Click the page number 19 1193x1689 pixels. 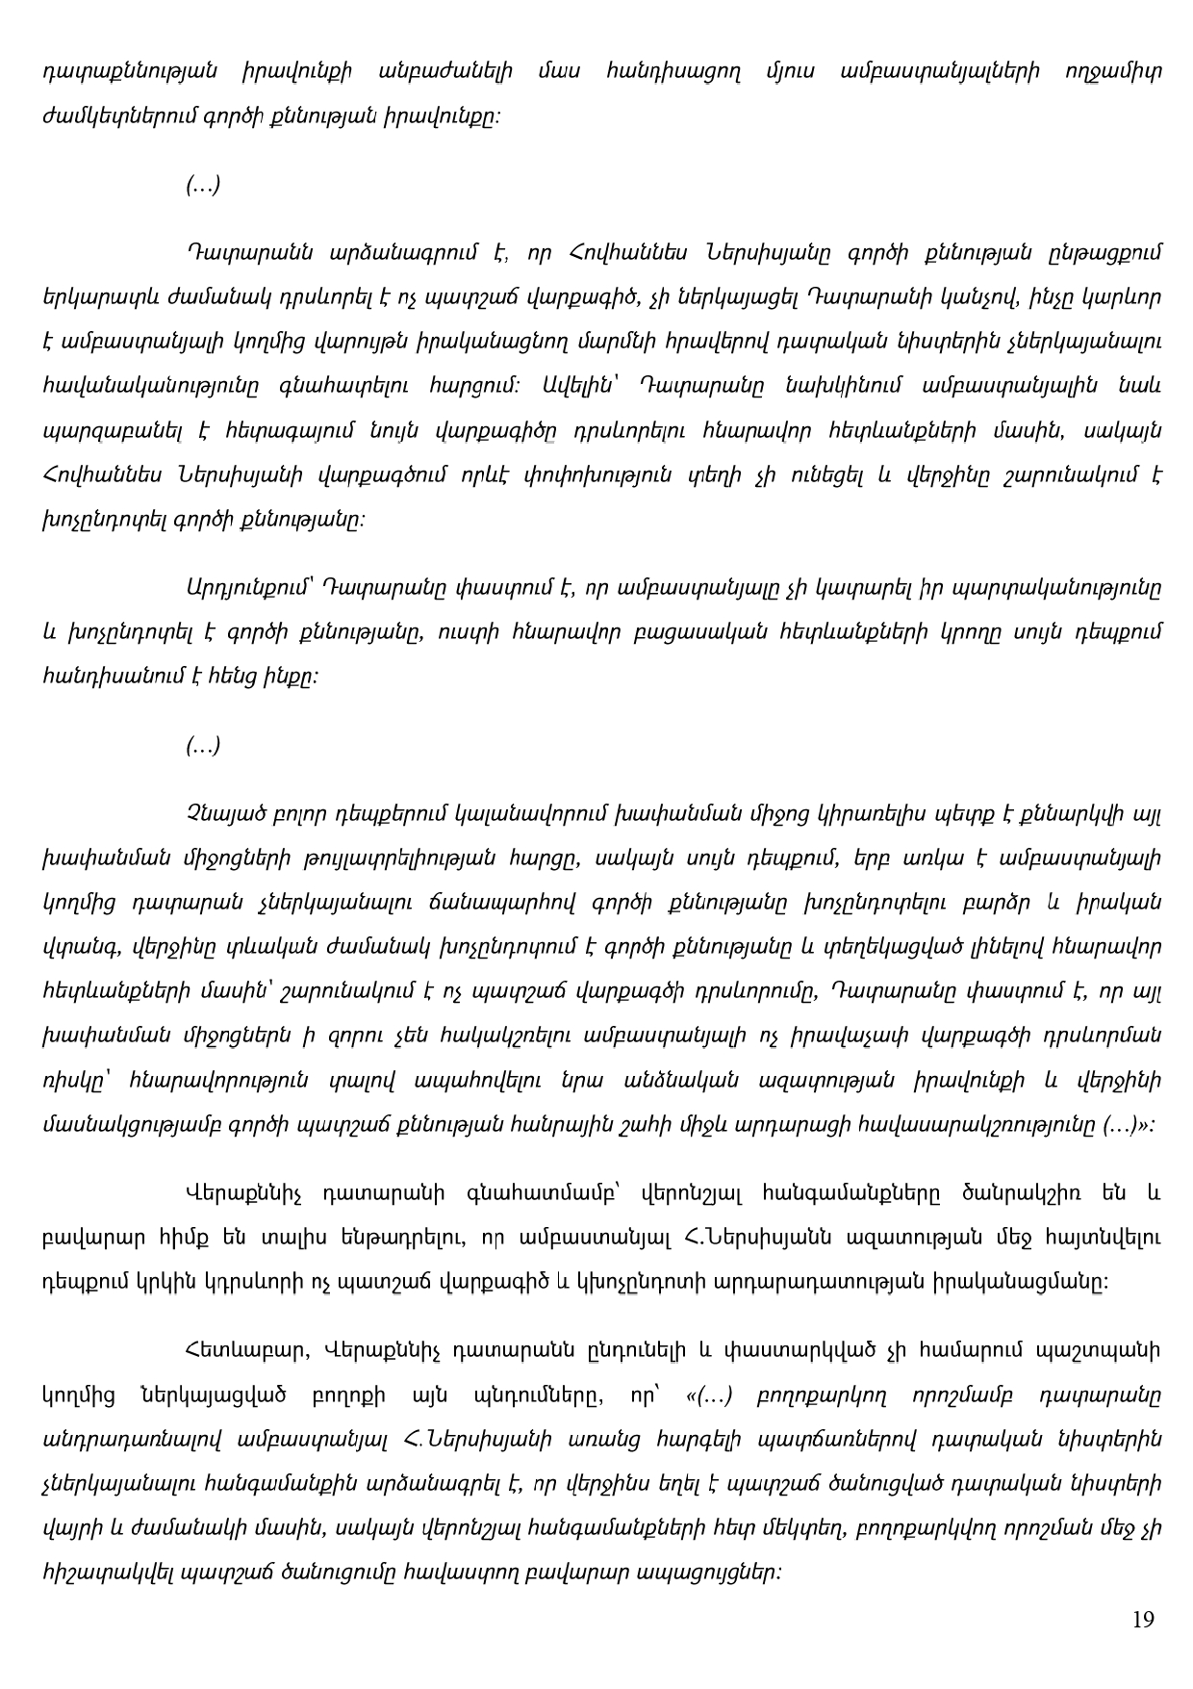coord(1143,1619)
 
